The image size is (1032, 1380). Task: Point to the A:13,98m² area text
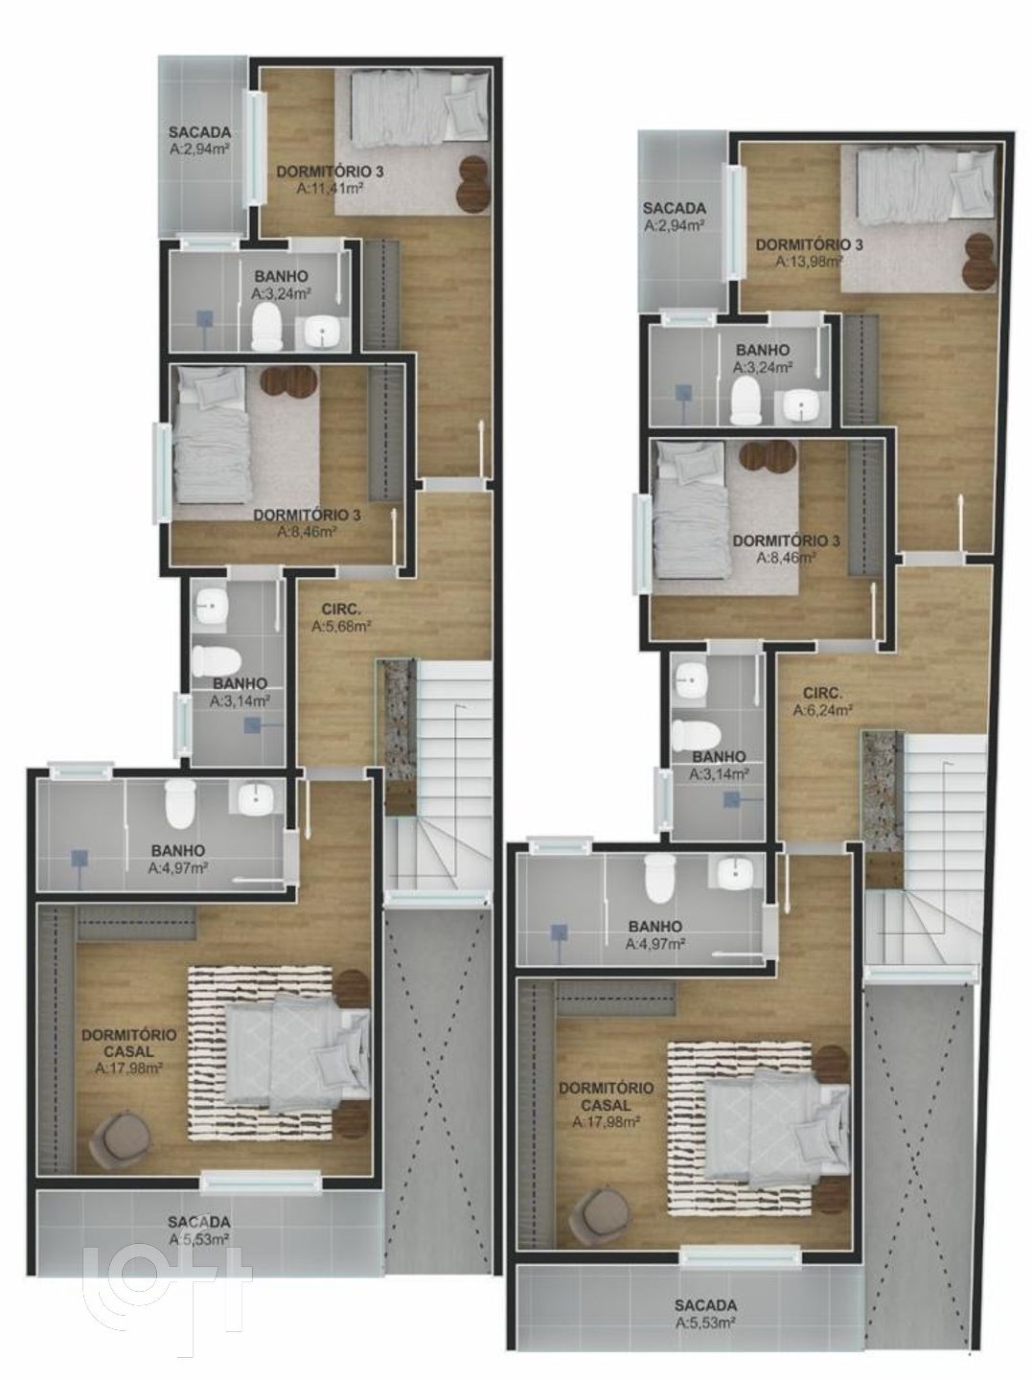coord(810,261)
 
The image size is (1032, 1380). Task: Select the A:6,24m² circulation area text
coord(822,710)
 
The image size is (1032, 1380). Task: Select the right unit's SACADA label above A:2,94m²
coord(674,207)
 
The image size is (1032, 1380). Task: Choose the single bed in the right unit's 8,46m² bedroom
coord(689,509)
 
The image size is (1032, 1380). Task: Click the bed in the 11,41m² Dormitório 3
coord(420,107)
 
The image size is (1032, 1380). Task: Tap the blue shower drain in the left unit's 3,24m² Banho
coord(204,319)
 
